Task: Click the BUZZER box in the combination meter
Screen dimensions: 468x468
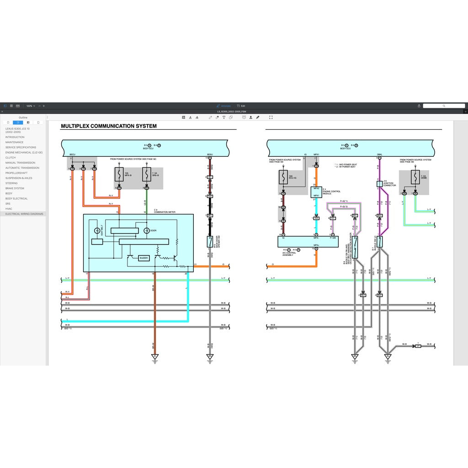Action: (x=144, y=258)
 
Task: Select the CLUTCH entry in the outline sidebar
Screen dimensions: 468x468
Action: (x=11, y=158)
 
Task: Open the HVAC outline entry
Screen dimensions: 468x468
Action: (x=9, y=209)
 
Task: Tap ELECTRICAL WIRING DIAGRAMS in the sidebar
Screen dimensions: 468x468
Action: (x=24, y=214)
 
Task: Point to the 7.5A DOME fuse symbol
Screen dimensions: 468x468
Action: (x=415, y=177)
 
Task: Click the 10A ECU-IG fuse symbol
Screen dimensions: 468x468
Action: (x=283, y=177)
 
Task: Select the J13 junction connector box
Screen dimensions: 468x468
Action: (x=379, y=184)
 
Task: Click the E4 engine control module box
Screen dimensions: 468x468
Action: (x=316, y=192)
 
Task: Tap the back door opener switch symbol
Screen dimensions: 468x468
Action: (x=210, y=242)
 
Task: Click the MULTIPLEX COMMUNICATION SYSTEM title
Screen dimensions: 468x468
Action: (x=109, y=126)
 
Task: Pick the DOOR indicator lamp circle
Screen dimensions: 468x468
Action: (x=147, y=230)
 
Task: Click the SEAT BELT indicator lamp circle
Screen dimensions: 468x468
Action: (x=96, y=230)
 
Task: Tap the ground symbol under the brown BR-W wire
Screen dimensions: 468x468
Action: (x=155, y=356)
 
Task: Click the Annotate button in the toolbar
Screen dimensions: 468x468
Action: (x=224, y=106)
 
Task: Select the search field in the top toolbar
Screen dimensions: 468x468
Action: (x=443, y=106)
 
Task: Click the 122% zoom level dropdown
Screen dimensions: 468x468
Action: (x=30, y=106)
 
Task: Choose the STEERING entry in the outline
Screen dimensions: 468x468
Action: (x=11, y=183)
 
